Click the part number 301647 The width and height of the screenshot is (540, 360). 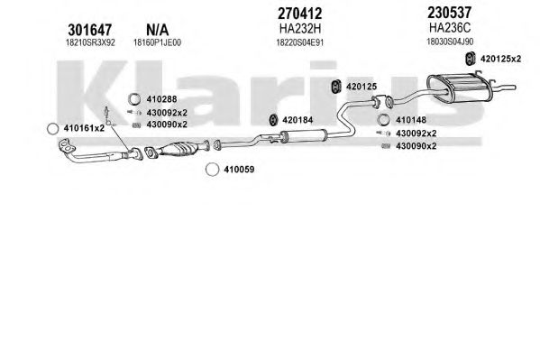(x=89, y=30)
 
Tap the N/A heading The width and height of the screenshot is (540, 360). (x=158, y=30)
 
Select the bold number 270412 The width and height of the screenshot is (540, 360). (x=299, y=14)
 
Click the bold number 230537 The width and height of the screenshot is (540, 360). (x=450, y=13)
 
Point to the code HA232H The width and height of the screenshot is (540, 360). (x=300, y=29)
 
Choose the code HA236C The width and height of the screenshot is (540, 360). (x=450, y=28)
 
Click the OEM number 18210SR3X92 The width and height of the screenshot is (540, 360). (x=90, y=42)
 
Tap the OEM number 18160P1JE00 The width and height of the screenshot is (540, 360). (x=158, y=42)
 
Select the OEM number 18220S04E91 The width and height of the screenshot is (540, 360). (x=300, y=42)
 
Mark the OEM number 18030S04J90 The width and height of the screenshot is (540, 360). (x=450, y=42)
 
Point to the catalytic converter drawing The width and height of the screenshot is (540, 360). (x=178, y=149)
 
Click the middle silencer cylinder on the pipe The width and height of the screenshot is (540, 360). (x=304, y=136)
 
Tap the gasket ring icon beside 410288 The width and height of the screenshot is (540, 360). (x=134, y=99)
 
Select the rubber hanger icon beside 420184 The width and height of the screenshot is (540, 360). (x=273, y=120)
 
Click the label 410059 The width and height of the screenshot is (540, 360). (x=239, y=170)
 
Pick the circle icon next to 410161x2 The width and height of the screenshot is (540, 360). (x=52, y=129)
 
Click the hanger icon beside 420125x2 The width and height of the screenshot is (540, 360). (x=470, y=59)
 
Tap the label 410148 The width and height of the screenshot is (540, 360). (x=411, y=120)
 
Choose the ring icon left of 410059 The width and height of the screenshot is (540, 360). (x=212, y=170)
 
